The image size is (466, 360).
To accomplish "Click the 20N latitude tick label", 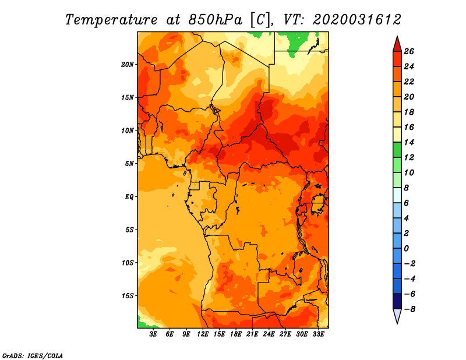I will coord(128,64).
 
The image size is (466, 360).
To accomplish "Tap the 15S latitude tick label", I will coord(128,295).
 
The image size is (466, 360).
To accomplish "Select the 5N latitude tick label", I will coord(129,163).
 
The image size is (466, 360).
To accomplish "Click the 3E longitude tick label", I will coord(153,334).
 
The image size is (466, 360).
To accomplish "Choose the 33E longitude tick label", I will coord(319,334).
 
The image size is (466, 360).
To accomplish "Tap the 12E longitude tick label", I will coord(203,334).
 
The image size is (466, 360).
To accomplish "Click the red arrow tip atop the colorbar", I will coord(397,42).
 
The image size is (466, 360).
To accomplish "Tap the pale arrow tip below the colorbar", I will coord(397,318).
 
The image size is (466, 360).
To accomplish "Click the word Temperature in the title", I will coord(110,19).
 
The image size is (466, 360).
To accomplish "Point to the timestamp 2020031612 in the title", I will coord(357,19).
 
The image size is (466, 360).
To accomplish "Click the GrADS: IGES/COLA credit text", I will coord(32,355).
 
